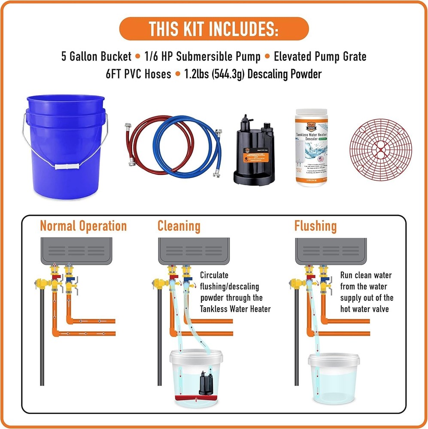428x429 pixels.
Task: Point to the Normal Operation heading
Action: tap(83, 226)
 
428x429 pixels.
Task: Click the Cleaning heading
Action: tap(179, 226)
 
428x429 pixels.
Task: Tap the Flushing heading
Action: tap(315, 226)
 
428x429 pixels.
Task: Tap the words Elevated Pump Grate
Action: tap(320, 57)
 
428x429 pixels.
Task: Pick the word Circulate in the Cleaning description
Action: tap(214, 275)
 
